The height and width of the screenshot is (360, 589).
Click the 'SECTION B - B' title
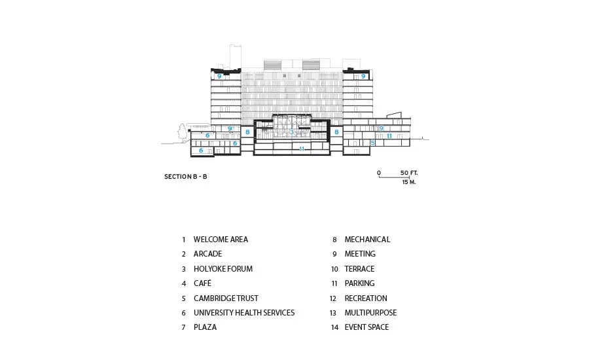point(186,176)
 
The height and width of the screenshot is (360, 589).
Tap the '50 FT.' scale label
point(408,173)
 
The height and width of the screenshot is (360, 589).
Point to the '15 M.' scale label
point(408,182)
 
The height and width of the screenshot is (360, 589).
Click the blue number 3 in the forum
point(292,132)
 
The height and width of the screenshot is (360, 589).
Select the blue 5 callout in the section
point(372,143)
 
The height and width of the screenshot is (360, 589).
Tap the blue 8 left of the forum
point(247,132)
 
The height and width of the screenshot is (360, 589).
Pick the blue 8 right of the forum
point(336,132)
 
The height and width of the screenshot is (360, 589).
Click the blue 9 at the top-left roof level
point(219,77)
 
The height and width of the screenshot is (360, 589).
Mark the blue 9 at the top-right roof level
point(363,77)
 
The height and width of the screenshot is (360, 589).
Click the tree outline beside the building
point(183,133)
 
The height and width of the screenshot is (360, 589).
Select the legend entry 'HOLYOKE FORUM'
point(223,268)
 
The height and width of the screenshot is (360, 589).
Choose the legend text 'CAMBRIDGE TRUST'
point(226,298)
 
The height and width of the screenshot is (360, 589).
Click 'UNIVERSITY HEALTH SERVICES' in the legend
point(244,313)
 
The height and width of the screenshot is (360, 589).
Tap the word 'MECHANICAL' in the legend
point(367,240)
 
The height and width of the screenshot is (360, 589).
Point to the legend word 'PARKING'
point(359,283)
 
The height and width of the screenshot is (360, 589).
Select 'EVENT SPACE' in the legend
point(366,327)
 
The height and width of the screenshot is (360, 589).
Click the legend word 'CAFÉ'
point(202,283)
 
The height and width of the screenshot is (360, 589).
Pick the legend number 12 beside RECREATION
point(333,298)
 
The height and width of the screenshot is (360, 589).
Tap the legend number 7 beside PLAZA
point(184,327)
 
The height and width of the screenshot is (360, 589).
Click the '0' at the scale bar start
point(379,173)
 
